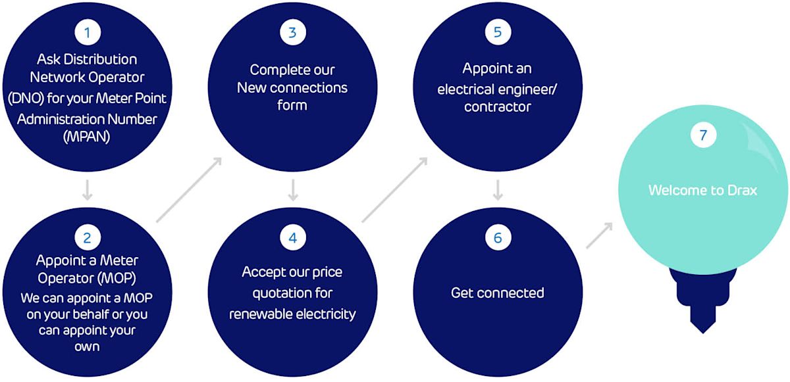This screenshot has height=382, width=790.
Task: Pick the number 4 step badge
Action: (x=293, y=237)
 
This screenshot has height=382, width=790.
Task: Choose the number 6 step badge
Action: (x=498, y=237)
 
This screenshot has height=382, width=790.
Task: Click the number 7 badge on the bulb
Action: (x=703, y=135)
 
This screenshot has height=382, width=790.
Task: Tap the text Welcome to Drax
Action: (x=702, y=191)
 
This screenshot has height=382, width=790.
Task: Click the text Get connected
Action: (x=497, y=293)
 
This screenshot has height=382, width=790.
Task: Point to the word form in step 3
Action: (x=292, y=105)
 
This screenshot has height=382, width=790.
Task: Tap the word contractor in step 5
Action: (x=497, y=107)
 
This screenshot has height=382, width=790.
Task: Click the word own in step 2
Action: (x=87, y=346)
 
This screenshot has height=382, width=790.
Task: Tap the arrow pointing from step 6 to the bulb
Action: (x=599, y=235)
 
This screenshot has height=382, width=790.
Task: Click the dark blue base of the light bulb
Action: (x=703, y=296)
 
